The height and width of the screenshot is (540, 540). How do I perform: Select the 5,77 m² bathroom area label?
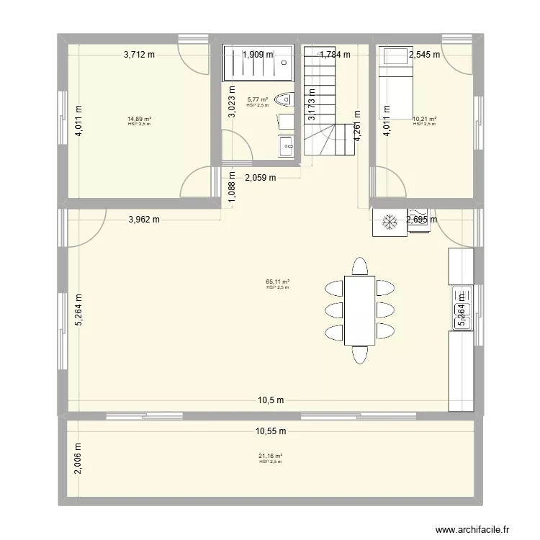click(257, 100)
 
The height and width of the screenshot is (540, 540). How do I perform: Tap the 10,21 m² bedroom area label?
click(424, 119)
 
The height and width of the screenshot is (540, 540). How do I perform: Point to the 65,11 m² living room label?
click(277, 282)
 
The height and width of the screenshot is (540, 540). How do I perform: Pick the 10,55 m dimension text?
click(270, 431)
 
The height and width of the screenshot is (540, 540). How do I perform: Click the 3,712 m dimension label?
click(140, 54)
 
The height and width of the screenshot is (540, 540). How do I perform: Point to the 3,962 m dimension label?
click(144, 220)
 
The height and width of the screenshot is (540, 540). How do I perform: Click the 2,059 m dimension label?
click(261, 179)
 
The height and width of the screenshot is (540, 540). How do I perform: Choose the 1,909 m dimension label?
click(258, 54)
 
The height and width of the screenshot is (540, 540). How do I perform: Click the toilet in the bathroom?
click(286, 99)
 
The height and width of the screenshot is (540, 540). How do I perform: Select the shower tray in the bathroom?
click(258, 63)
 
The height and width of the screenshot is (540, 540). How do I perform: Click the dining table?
click(359, 311)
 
